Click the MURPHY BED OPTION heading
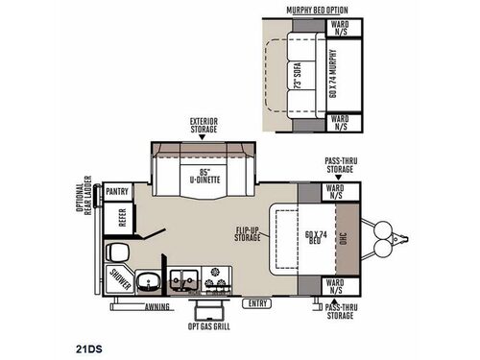(316, 9)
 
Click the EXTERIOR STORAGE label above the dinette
(204, 125)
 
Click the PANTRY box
(119, 192)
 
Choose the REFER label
(122, 217)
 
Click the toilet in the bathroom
(116, 252)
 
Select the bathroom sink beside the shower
(146, 281)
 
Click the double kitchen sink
(184, 281)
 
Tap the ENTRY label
(257, 303)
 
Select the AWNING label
(156, 306)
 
